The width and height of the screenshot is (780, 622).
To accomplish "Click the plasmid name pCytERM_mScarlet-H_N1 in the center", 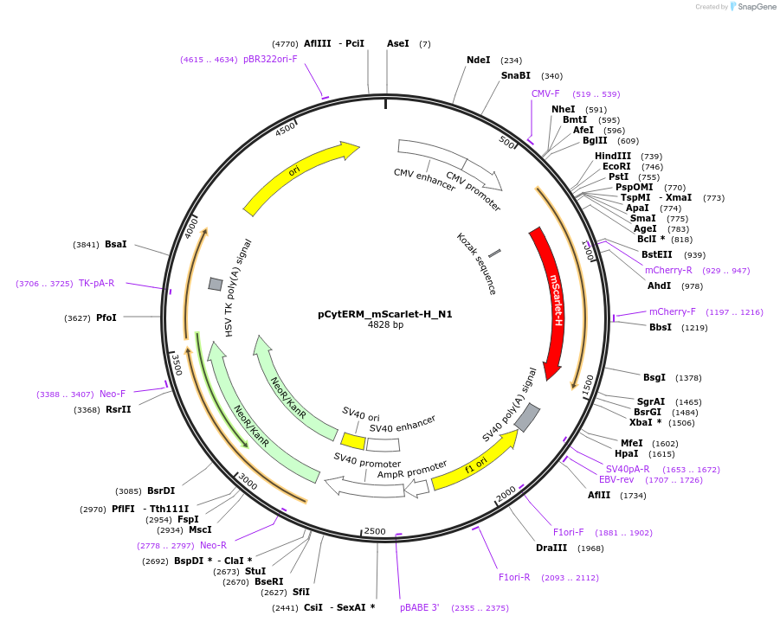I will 385,314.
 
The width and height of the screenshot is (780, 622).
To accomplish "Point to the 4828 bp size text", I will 385,325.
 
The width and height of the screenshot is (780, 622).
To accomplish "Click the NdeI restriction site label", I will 478,61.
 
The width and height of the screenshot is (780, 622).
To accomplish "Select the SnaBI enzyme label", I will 515,76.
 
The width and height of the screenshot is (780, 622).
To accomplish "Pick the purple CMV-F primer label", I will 545,93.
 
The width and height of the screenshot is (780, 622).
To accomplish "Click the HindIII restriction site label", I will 612,157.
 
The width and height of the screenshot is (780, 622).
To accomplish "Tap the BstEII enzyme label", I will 656,254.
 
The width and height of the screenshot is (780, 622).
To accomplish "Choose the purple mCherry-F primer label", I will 672,311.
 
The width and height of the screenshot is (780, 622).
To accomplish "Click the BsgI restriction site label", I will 654,377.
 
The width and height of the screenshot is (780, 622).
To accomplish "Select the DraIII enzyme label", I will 551,548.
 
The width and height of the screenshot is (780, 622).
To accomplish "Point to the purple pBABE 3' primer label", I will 419,607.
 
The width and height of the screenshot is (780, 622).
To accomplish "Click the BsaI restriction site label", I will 115,245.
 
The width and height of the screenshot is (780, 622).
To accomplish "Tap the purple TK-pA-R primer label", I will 96,283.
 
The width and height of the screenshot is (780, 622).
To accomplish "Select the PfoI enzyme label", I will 106,317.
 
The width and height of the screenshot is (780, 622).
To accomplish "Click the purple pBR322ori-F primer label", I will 270,60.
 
